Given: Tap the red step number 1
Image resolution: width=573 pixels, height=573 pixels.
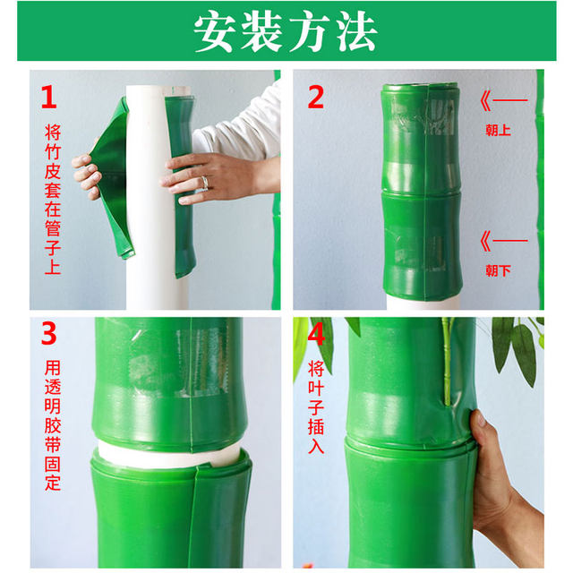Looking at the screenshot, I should pos(48,96).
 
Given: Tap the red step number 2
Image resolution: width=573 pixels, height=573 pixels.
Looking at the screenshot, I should pos(315,96).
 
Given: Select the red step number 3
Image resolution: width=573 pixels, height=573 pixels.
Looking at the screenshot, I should pos(48,334).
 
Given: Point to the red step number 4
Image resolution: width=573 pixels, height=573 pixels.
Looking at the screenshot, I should pos(315,334).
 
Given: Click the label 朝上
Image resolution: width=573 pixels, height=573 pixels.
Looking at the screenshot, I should pos(498,130).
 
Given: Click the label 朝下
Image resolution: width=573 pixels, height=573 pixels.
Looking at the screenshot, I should pos(498,269).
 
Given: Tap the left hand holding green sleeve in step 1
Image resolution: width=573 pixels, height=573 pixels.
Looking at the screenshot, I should pos(87,176).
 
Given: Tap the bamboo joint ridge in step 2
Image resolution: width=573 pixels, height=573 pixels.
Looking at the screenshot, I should pos(421,191).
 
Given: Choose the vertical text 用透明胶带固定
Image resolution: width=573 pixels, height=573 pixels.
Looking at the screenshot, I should pos(53,424).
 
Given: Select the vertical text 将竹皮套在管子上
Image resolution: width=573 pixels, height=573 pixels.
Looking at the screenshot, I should pos(53,197).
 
